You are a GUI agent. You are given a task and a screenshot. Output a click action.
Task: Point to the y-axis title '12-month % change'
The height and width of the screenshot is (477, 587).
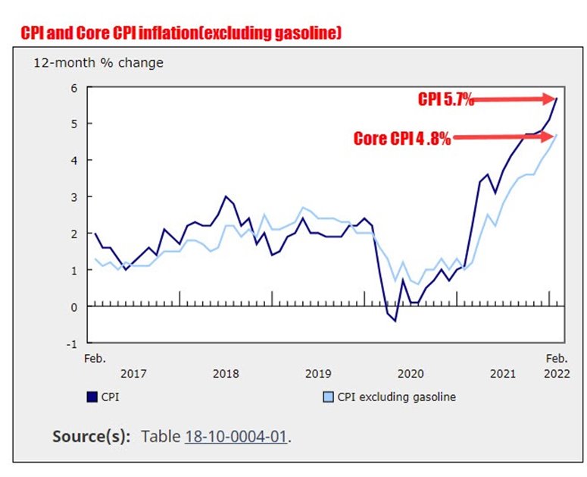98,63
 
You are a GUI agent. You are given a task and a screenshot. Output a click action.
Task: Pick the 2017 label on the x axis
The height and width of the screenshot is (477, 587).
133,374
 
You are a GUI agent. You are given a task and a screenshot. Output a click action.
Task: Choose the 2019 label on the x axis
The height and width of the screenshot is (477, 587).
317,374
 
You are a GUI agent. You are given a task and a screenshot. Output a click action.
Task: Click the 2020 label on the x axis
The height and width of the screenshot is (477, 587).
410,374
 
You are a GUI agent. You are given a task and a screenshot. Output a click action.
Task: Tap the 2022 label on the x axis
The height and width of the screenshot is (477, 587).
556,374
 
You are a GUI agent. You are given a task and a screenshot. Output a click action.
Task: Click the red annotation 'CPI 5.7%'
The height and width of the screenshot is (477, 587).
446,99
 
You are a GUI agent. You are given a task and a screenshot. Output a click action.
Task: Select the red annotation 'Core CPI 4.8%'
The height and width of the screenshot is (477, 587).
402,139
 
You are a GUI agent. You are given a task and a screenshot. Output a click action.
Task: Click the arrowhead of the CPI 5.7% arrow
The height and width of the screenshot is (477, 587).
551,98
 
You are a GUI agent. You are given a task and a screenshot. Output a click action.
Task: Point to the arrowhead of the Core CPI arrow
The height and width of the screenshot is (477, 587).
551,137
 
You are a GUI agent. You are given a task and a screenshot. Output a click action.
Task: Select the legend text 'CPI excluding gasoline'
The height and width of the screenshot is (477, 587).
397,397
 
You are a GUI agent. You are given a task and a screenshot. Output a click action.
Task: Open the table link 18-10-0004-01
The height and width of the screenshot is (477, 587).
237,437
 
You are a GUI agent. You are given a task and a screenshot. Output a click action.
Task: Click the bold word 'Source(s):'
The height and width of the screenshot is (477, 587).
91,437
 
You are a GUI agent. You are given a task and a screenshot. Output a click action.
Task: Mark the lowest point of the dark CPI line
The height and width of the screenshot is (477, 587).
395,321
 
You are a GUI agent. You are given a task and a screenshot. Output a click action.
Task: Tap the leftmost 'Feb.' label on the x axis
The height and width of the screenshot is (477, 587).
95,358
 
